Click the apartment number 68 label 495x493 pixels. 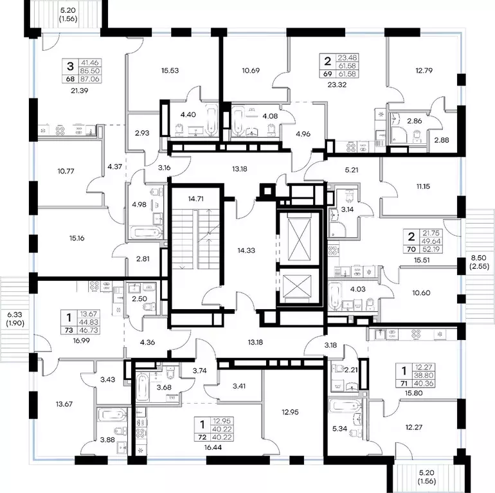(x=70, y=79)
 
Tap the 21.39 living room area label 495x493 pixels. (x=79, y=91)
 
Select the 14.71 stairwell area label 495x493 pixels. (x=195, y=199)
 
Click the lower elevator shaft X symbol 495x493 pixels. (x=297, y=286)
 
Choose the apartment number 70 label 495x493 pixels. (x=411, y=249)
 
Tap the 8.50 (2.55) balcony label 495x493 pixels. (x=479, y=262)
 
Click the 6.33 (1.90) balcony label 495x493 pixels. (x=15, y=319)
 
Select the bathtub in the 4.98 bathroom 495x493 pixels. (x=147, y=233)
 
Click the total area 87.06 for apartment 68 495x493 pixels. (x=90, y=79)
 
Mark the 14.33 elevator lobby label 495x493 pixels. (x=246, y=251)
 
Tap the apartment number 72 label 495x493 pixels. (x=202, y=437)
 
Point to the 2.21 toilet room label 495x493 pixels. (x=351, y=370)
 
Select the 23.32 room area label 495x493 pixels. (x=337, y=85)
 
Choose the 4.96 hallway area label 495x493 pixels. (x=303, y=134)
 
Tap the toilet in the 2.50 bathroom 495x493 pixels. (x=149, y=307)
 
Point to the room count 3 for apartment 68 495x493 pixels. (x=71, y=67)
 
